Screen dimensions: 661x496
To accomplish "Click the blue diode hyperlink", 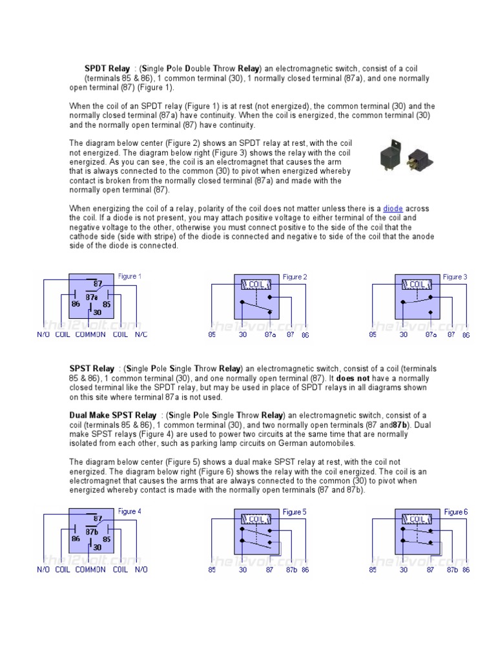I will click(393, 208).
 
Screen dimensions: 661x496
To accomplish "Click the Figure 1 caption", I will click(127, 276).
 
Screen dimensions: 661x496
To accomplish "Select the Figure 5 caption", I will click(294, 512).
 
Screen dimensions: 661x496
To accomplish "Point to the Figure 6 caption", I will click(456, 512).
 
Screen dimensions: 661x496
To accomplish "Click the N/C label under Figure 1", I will click(141, 334).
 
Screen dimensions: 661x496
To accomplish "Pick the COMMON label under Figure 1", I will click(90, 334).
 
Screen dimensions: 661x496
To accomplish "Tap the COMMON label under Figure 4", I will click(90, 569).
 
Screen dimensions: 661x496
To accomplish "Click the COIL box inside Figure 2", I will click(256, 284).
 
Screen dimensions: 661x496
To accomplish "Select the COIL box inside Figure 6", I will click(417, 519).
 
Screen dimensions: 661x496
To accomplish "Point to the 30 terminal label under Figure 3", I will click(404, 335).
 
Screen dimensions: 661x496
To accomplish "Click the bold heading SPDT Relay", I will click(107, 68).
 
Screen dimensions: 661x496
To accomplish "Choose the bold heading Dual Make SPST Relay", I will click(112, 415).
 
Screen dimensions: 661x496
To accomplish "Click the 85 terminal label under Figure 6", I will click(373, 570).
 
